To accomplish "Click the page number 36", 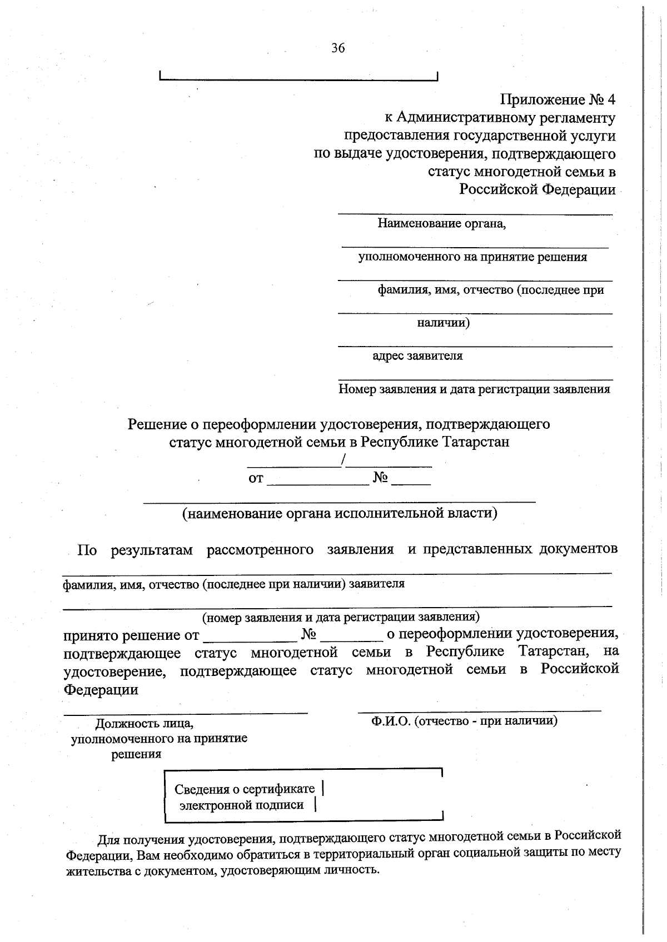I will pos(338,48).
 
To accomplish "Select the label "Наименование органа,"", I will pos(442,224).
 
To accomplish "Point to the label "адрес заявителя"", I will pos(417,356).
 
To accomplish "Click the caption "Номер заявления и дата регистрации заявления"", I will pos(474,389).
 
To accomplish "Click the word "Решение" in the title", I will pos(157,424).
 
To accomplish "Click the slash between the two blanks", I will pos(345,460).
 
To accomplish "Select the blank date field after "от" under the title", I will pos(318,479).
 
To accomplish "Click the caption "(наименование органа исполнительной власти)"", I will pos(340,513).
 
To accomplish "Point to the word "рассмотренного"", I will pos(260,550).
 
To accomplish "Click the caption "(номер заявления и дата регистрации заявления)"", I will pos(340,617).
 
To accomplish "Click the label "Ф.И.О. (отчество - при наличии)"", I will pos(464,721).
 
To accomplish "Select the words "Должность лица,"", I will pos(145,724).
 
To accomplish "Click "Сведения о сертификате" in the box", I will pos(245,789).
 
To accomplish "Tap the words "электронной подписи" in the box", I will pos(241,805).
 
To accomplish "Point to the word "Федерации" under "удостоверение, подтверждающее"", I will pos(101,690).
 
